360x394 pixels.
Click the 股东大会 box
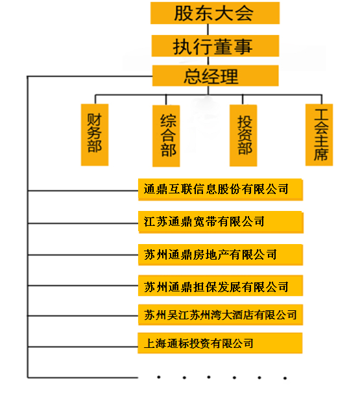215,13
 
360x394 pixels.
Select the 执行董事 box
215,45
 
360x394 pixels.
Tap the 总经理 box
215,76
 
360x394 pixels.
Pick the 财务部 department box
95,134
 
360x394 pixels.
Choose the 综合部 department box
166,136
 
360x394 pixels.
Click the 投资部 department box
243,136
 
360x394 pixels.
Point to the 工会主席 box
319,134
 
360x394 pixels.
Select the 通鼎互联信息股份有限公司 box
221,190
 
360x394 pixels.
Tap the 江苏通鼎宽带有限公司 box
221,222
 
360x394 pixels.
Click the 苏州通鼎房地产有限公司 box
221,255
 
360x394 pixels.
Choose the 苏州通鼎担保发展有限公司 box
221,286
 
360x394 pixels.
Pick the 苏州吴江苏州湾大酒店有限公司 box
221,315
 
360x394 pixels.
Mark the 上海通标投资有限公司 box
220,343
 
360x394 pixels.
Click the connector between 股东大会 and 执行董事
208,30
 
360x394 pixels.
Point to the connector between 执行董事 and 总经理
208,61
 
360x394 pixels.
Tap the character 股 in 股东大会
184,13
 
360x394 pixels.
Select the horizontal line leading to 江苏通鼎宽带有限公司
83,223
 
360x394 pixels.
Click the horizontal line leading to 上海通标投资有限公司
83,347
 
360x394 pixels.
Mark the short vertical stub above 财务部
95,99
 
